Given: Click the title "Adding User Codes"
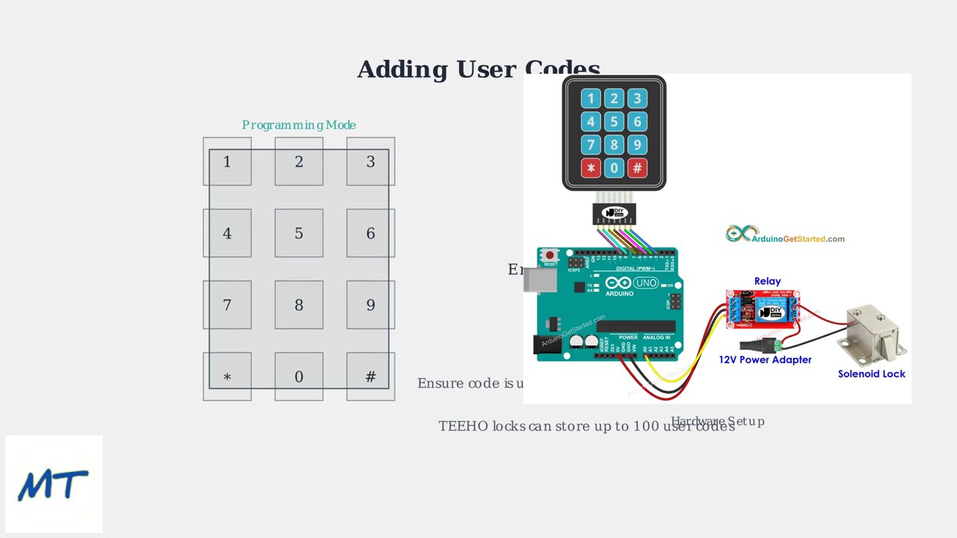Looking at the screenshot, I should (x=478, y=69).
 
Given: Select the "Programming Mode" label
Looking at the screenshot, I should (x=298, y=125).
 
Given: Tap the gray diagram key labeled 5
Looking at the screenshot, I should (x=298, y=233).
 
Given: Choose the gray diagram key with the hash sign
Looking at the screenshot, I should (x=370, y=377).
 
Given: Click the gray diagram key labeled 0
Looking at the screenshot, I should (x=298, y=377).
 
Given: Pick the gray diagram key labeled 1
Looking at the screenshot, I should (x=227, y=161).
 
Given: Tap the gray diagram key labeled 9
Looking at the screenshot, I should (x=370, y=305).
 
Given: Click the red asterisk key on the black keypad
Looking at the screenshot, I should (x=591, y=168).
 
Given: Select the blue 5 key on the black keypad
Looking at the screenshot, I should (x=614, y=122).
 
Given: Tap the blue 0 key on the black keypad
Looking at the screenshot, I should (x=614, y=168).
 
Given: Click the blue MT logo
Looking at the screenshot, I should (x=53, y=484).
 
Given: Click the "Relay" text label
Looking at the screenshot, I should (x=767, y=281).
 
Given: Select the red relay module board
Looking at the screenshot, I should (x=763, y=309).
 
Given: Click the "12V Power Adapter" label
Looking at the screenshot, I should (x=765, y=359).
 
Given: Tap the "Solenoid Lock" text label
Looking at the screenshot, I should (x=871, y=374).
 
